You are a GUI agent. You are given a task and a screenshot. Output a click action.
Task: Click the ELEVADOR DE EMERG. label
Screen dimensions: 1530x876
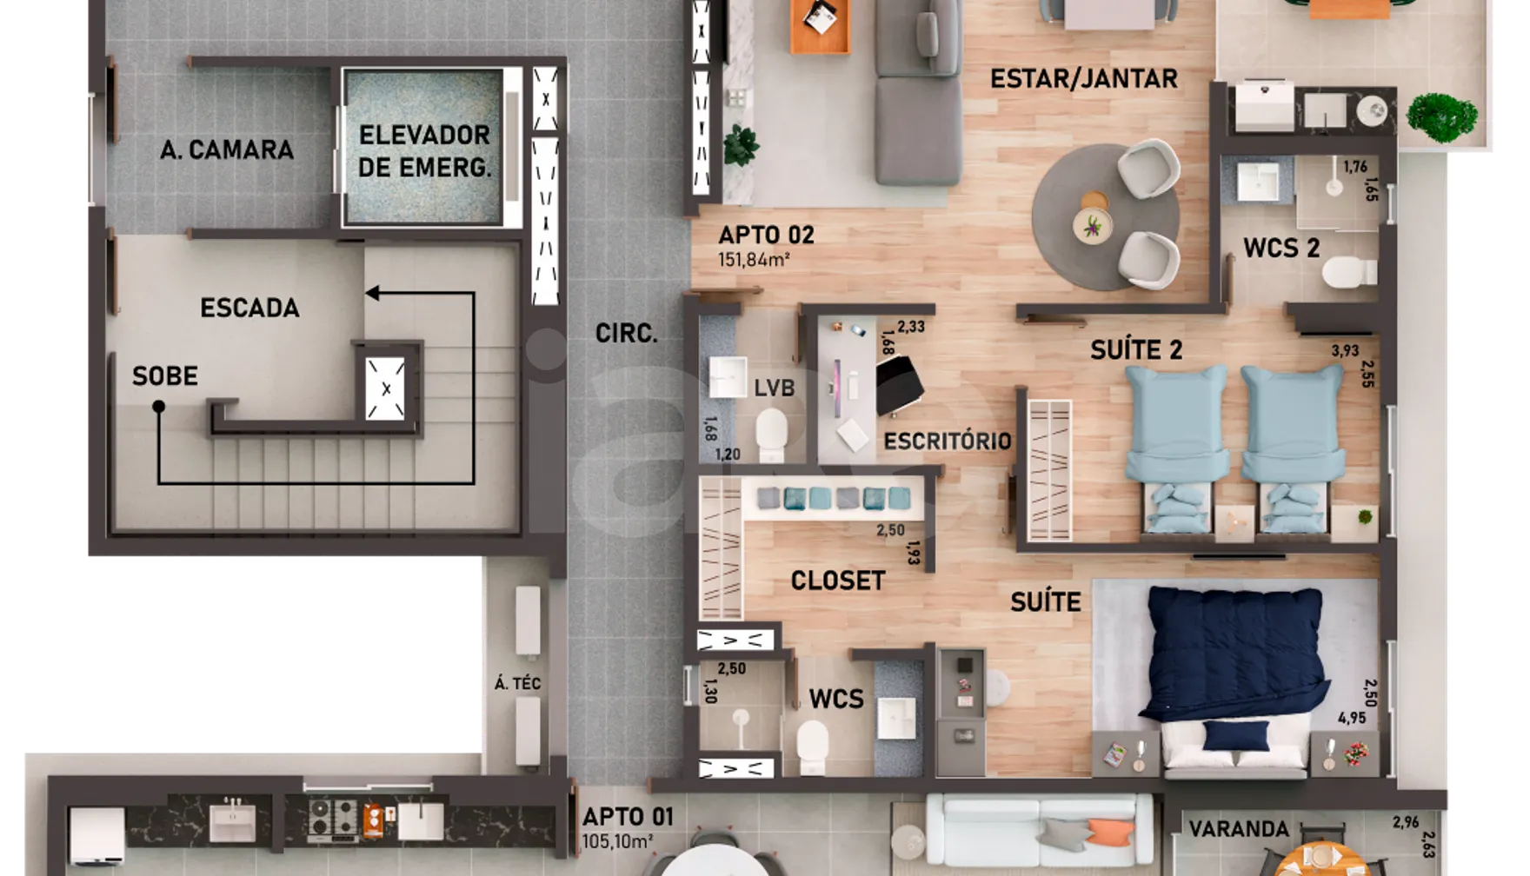424,151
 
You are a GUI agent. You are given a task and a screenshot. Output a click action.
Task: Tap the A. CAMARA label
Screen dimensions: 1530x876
227,149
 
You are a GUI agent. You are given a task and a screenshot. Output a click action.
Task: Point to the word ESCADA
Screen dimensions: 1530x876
249,308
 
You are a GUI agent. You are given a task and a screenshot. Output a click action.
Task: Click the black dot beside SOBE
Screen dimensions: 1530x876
158,406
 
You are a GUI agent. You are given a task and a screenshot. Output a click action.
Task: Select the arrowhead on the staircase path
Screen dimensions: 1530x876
372,293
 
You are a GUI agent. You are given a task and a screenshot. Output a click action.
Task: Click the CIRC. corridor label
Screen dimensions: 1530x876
626,333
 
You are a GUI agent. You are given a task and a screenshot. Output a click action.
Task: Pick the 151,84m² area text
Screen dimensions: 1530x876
754,259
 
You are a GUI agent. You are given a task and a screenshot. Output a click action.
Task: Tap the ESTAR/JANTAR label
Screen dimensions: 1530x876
1084,79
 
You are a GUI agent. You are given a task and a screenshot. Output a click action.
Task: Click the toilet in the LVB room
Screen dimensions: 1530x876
771,435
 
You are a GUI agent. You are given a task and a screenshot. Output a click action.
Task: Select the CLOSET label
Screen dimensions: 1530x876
838,581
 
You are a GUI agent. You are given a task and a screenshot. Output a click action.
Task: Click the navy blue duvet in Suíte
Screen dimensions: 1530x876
1235,653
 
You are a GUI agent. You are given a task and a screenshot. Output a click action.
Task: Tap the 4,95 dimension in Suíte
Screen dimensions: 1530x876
1352,718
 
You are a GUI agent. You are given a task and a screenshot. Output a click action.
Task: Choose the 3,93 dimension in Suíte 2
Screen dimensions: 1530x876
1345,351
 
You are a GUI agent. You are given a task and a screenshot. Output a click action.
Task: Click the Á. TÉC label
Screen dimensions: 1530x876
517,684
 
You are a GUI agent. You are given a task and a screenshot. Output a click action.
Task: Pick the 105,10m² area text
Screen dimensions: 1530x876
617,841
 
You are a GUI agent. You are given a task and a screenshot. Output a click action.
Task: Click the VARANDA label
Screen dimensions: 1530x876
1239,829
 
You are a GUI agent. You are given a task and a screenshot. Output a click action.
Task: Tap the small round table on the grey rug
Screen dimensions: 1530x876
1092,224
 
